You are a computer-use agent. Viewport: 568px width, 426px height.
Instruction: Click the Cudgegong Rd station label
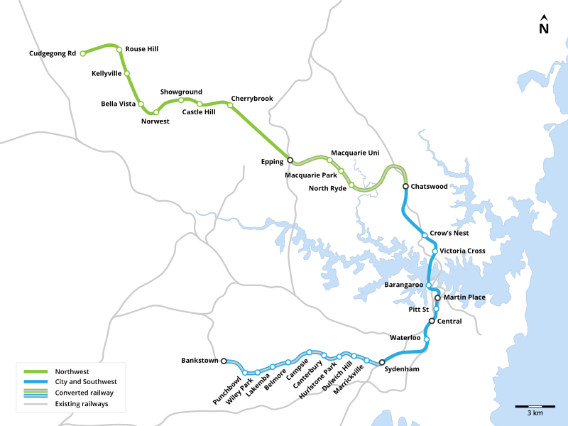tap(52, 53)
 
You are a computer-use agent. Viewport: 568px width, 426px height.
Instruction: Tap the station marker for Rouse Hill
tap(119, 50)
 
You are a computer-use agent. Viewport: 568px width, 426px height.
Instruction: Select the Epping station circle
tap(290, 160)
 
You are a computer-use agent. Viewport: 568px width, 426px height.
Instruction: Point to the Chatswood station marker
tap(405, 187)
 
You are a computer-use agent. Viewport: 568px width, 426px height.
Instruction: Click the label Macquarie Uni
tap(355, 153)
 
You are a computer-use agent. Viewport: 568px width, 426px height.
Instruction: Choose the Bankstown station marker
tap(224, 361)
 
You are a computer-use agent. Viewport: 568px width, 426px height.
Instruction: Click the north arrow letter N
tap(544, 29)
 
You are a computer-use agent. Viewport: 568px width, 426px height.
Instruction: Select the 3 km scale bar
tap(534, 407)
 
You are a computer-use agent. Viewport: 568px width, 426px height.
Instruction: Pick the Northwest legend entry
tap(71, 371)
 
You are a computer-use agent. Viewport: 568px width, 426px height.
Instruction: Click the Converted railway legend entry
tap(84, 393)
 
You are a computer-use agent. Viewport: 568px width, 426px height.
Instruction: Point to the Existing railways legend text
tap(81, 403)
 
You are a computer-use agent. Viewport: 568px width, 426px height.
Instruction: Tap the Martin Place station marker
tap(437, 298)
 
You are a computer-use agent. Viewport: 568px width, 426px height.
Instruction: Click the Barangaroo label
tap(403, 285)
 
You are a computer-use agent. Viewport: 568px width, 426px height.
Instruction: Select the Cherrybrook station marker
tap(230, 105)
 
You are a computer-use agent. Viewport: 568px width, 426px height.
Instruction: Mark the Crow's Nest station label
tap(449, 234)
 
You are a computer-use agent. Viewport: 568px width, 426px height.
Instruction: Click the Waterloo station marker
tap(427, 339)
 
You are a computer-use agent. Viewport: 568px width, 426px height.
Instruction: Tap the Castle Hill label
tap(199, 112)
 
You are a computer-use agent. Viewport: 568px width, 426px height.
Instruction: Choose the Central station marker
tap(432, 321)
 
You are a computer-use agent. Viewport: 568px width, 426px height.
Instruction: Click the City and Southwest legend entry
tap(86, 382)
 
